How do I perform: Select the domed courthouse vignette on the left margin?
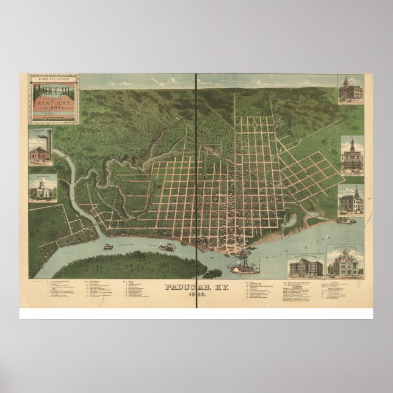42,189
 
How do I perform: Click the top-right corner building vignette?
351,90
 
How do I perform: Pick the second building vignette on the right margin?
352,155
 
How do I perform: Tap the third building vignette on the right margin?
352,200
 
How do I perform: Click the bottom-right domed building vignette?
345,262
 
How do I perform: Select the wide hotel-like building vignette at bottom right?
306,265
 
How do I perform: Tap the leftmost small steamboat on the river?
107,247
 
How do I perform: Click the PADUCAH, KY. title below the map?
196,286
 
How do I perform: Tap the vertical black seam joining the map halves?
196,183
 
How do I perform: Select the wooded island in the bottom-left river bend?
122,264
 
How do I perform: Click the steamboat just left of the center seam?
167,247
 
